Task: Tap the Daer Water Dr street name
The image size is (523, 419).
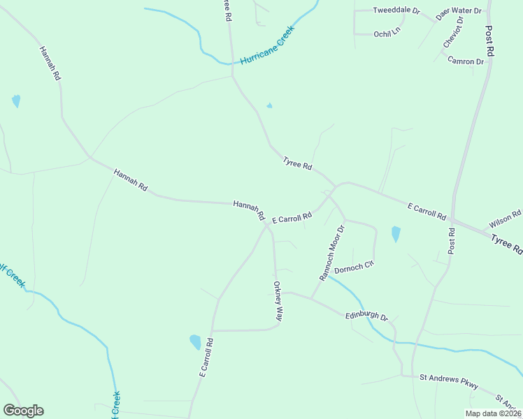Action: tap(459, 12)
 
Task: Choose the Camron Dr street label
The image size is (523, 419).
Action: tap(466, 61)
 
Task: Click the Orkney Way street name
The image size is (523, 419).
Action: tap(278, 301)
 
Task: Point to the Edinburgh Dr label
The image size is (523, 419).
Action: tap(366, 316)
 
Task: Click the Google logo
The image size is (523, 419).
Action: tap(23, 411)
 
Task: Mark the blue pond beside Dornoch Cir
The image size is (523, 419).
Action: tap(396, 234)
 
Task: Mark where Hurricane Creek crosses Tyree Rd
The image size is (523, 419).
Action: tap(232, 63)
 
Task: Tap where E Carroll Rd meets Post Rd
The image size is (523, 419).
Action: tap(453, 219)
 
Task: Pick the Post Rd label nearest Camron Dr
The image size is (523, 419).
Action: tap(490, 41)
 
